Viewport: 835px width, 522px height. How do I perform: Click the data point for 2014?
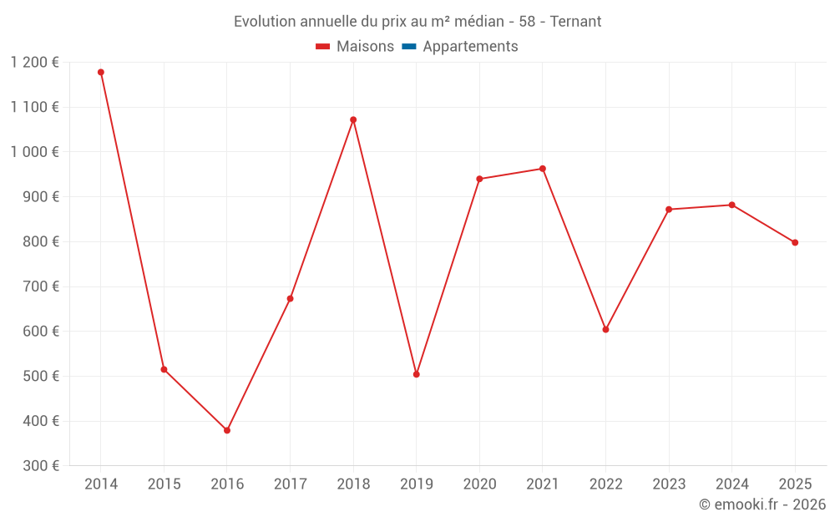click(x=101, y=73)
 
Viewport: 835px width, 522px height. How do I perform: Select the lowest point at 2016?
click(x=227, y=430)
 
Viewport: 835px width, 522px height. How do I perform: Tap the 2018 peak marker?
click(x=353, y=119)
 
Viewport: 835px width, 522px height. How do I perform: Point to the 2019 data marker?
click(x=417, y=374)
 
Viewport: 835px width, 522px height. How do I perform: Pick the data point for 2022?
click(x=605, y=329)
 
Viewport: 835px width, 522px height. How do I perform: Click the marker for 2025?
click(x=795, y=242)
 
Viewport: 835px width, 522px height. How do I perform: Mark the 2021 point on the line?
click(x=543, y=169)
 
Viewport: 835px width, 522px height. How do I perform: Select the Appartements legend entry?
click(x=470, y=47)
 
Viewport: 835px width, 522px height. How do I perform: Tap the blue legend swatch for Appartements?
click(x=409, y=47)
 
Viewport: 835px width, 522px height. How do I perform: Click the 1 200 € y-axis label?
click(x=35, y=63)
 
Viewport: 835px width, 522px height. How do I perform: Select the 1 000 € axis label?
click(x=35, y=152)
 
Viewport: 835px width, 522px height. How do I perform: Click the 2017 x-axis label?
click(x=290, y=484)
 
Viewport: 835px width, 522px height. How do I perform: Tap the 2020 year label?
click(x=479, y=484)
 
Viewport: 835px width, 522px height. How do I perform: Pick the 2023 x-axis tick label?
click(x=669, y=484)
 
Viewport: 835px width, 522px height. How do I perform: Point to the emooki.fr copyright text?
click(x=762, y=504)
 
